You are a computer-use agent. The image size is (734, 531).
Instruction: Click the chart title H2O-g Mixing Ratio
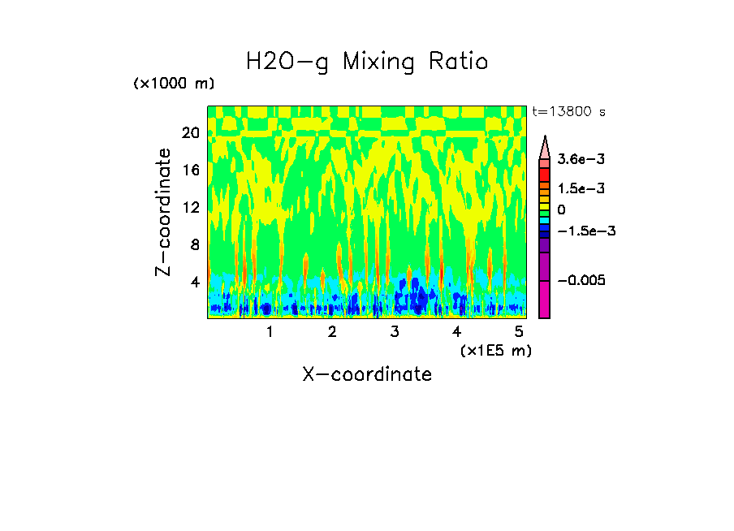point(367,62)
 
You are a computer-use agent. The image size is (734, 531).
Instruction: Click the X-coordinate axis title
point(367,374)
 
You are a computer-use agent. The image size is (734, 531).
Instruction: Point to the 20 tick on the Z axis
point(190,133)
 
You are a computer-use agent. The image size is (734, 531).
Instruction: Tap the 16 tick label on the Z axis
point(190,171)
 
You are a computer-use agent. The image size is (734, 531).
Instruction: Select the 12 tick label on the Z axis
point(190,208)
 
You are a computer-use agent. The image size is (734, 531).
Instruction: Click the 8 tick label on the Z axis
point(194,245)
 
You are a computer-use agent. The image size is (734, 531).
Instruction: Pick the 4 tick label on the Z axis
point(194,283)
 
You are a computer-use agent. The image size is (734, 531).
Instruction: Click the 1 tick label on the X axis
point(270,332)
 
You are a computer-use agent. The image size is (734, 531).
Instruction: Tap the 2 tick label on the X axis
point(332,332)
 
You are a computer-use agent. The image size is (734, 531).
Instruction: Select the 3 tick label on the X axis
point(394,332)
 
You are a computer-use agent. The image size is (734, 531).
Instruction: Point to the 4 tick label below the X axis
point(456,332)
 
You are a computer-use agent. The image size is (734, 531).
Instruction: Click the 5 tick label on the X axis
point(518,332)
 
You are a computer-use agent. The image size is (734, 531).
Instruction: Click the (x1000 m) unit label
point(174,84)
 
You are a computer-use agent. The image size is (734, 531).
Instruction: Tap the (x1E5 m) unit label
point(495,350)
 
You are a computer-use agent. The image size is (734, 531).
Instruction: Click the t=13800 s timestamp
point(568,111)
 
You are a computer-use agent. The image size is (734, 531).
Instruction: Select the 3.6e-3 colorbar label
point(576,162)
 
